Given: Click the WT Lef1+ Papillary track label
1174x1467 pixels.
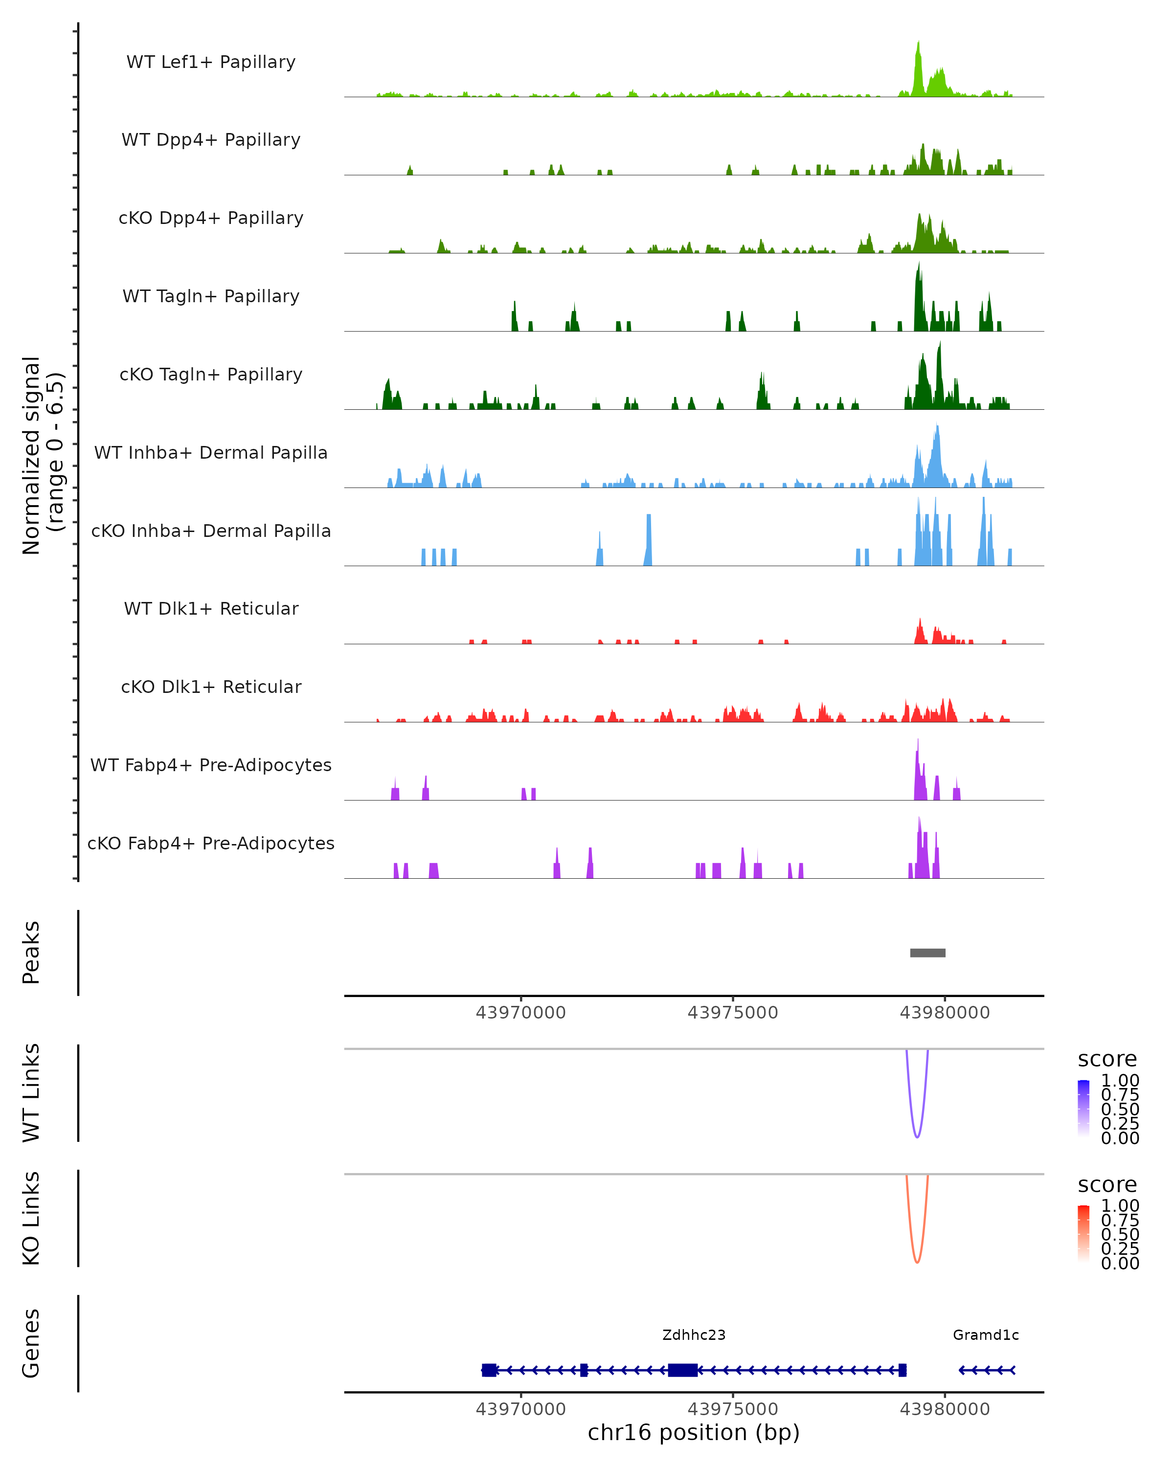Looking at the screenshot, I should coord(211,62).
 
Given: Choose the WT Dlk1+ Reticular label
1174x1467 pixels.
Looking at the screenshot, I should coord(211,608).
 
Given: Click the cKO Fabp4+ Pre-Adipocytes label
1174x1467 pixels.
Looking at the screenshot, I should coord(211,843).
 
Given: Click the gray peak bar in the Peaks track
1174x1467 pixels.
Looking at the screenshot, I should coord(927,953).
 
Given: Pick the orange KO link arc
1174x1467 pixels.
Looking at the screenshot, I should coord(917,1261).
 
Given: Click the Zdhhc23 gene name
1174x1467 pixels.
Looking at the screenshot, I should coord(694,1335).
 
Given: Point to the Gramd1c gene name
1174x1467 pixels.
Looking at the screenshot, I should coord(986,1335).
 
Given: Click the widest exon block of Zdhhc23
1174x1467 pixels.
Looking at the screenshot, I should coord(682,1370).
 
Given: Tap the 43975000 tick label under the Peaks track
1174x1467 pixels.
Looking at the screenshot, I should coord(732,1013).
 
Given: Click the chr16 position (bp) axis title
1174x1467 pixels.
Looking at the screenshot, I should coord(694,1432).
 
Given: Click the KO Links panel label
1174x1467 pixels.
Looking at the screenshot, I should coord(31,1218).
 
